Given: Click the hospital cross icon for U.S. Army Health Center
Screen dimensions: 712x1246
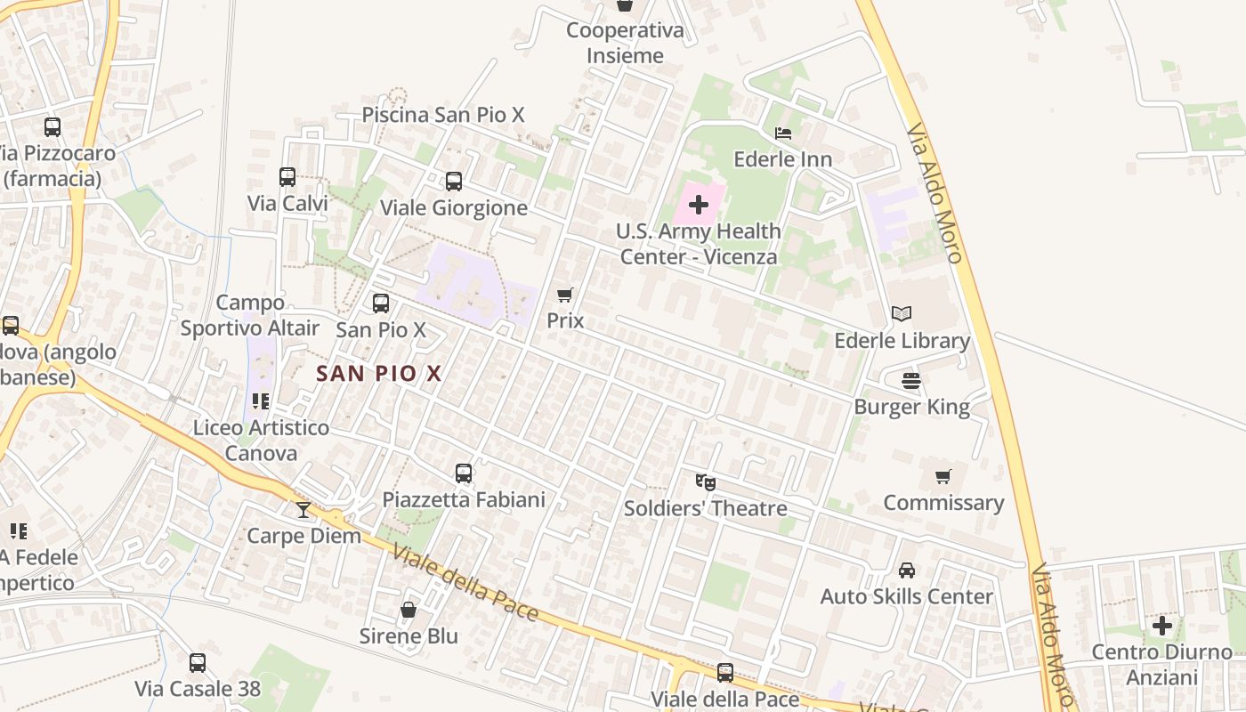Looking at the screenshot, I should click(699, 205).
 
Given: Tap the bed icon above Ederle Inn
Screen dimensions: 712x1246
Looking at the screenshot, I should click(783, 133).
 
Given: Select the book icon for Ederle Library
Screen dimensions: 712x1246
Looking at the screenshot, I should click(902, 313).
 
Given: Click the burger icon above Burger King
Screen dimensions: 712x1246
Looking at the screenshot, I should click(911, 381).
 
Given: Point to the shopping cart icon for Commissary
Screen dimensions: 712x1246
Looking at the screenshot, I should click(943, 476).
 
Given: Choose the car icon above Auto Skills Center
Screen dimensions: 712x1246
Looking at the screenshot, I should click(906, 570).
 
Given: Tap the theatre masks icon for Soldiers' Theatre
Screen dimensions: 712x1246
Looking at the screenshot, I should click(705, 482).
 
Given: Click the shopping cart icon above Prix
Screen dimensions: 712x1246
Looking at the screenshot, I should click(564, 295).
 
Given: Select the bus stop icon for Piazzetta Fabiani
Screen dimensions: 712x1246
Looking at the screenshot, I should click(464, 473).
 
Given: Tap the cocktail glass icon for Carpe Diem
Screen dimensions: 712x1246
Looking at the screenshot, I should click(303, 509).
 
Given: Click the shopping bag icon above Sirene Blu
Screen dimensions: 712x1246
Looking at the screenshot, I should click(409, 610).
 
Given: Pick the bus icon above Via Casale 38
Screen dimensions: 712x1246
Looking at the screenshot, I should click(198, 662).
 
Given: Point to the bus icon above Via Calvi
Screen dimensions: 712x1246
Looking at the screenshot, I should click(287, 177).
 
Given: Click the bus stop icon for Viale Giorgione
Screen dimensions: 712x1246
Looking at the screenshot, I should click(454, 182).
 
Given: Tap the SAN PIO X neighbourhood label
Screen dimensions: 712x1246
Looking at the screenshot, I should click(379, 374).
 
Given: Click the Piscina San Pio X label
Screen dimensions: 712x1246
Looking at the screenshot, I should click(443, 115).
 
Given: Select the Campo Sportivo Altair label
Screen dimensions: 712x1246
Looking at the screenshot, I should click(250, 315).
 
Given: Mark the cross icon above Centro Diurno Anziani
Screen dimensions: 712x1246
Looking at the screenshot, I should click(1162, 626).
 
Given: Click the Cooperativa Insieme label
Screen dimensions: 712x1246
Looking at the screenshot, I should click(627, 43).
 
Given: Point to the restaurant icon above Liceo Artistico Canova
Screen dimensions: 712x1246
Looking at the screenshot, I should click(261, 401).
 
